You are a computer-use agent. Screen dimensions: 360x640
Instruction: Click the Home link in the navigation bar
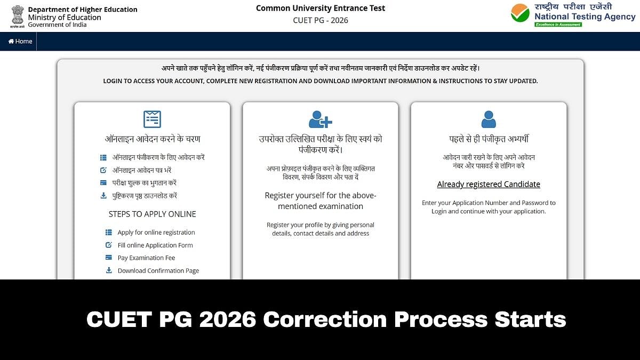coord(20,42)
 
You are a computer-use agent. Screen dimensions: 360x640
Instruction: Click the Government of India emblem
coord(18,17)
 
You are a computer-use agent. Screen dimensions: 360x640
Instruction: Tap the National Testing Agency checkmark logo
coord(520,13)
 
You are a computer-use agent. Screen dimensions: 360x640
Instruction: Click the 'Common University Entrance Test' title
coord(321,8)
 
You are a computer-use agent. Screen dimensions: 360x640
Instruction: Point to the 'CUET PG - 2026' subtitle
coord(321,20)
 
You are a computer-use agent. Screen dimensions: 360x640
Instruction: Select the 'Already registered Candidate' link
coord(489,185)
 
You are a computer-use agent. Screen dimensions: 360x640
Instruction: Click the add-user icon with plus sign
coord(320,119)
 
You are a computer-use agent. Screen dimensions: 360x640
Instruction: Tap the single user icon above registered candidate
coord(489,119)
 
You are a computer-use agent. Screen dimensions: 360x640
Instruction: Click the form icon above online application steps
coord(152,119)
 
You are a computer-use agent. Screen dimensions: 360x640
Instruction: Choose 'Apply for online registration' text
coord(156,233)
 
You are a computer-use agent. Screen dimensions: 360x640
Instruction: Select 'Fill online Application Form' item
coord(155,245)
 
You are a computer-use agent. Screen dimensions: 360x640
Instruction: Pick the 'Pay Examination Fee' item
coord(146,258)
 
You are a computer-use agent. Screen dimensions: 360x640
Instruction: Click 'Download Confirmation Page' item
coord(158,271)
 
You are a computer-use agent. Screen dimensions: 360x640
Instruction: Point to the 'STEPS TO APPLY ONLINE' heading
coord(153,214)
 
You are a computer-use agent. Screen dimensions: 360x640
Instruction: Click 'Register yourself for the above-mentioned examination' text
coord(321,201)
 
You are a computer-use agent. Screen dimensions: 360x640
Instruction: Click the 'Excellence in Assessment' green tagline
coord(558,25)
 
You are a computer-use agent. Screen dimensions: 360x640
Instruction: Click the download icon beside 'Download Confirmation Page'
coord(109,270)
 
